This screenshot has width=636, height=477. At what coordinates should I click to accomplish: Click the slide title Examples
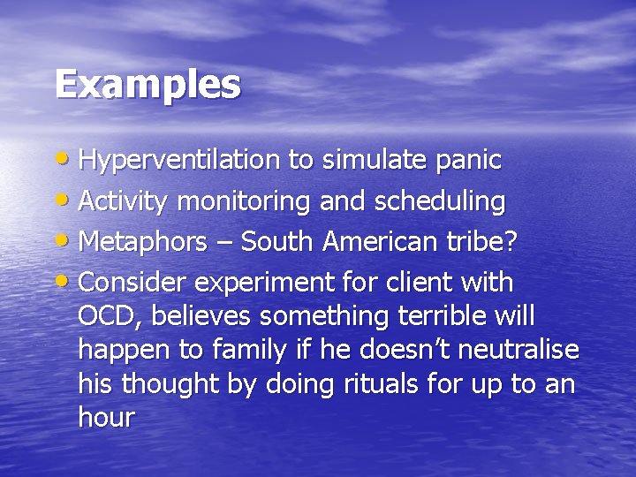(x=148, y=85)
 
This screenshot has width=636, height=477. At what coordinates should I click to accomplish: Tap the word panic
(x=469, y=161)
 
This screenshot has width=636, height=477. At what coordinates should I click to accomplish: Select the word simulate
(x=375, y=161)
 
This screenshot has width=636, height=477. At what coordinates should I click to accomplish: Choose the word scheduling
(x=440, y=202)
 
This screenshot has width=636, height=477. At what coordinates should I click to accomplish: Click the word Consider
(x=132, y=284)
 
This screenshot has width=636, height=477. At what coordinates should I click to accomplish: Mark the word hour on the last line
(x=106, y=417)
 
